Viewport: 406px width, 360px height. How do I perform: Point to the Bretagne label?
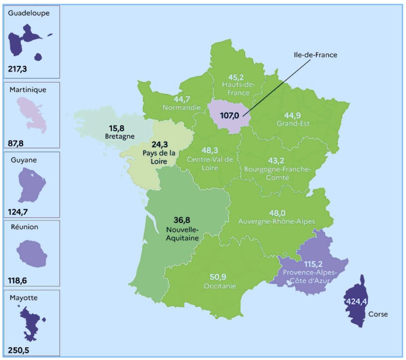[x=120, y=136]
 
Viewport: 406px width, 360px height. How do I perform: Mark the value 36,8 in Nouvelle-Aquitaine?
[x=182, y=220]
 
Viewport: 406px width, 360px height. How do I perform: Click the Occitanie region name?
[x=220, y=286]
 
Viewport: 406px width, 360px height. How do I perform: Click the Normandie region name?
[x=182, y=107]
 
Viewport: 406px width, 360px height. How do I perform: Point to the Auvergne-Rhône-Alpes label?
[x=277, y=221]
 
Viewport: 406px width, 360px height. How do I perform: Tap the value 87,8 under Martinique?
[x=17, y=142]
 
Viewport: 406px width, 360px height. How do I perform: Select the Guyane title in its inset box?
[x=24, y=160]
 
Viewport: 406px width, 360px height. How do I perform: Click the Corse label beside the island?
[x=378, y=314]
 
